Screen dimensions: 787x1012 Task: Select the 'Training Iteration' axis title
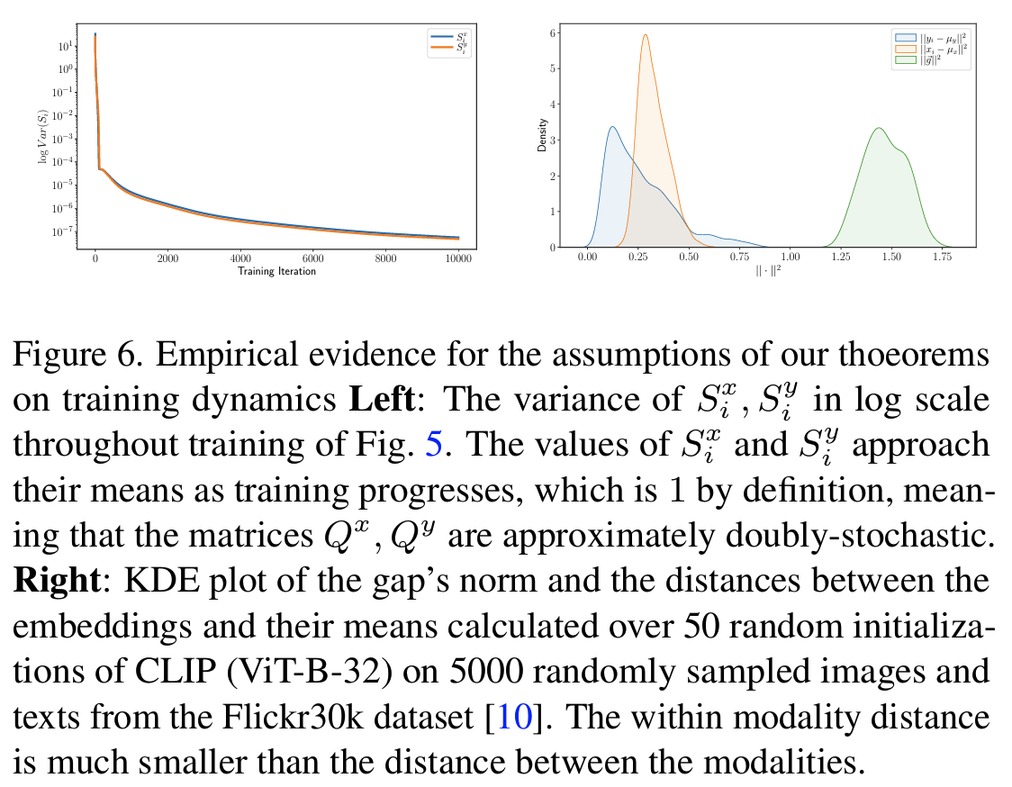tap(276, 270)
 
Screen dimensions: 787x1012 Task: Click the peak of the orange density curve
tap(646, 35)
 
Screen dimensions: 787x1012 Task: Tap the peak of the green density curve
tap(878, 128)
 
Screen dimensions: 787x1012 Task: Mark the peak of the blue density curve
tap(612, 127)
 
